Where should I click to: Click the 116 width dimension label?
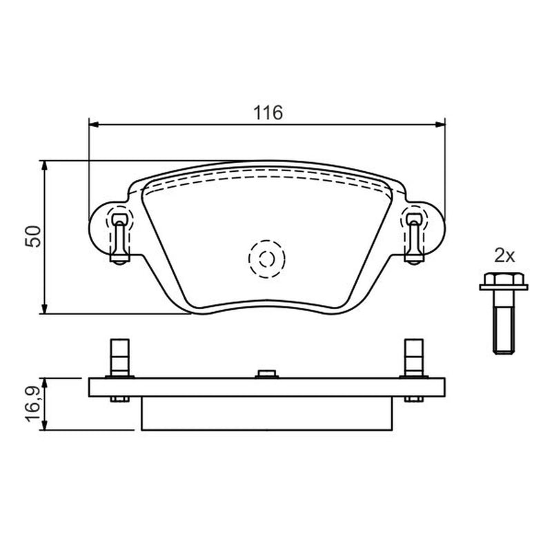(268, 113)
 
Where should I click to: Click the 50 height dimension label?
(34, 236)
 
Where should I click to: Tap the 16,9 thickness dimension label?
(34, 404)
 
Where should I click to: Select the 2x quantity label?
(504, 255)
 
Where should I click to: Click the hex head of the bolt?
(504, 281)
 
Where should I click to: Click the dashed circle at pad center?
(266, 259)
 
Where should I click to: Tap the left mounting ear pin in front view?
(120, 239)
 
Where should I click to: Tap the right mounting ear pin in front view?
(414, 239)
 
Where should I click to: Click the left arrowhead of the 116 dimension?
(94, 124)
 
